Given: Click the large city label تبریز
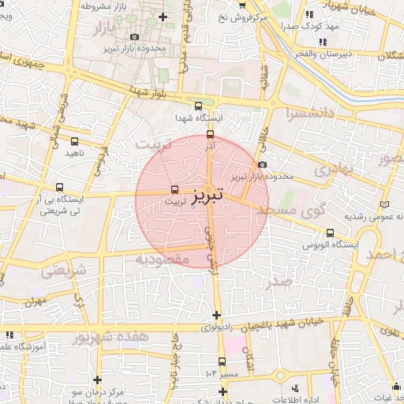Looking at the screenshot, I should tap(208, 193).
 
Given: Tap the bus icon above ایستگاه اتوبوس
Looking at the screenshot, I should tap(331, 232).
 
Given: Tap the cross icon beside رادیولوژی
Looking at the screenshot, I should tap(216, 316).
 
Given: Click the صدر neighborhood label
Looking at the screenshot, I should tap(280, 282).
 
